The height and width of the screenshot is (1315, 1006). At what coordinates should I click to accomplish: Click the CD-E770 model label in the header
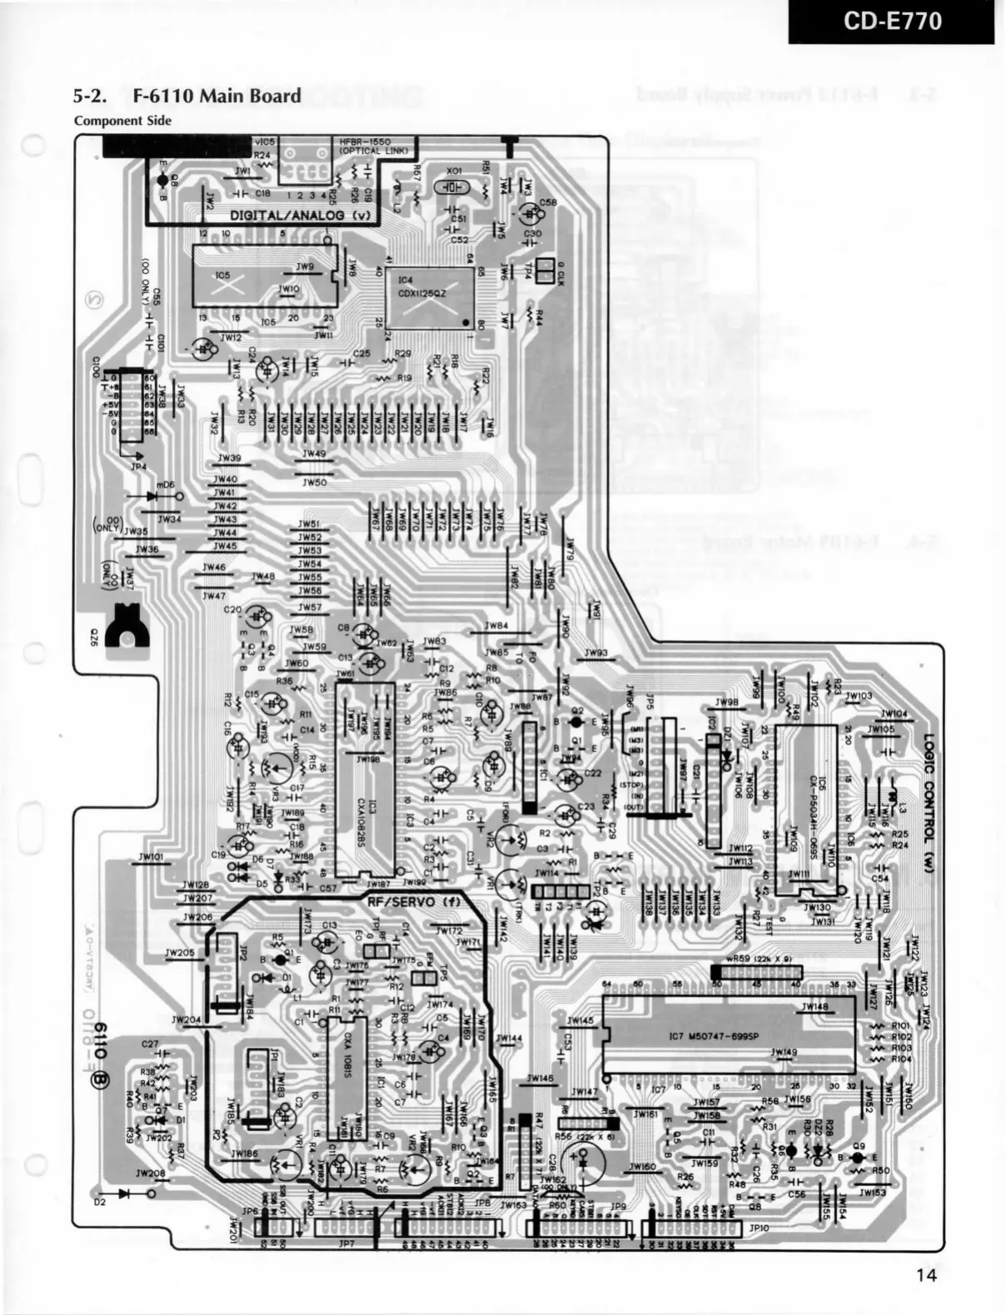[893, 21]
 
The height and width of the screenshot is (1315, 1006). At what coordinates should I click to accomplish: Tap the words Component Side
[122, 121]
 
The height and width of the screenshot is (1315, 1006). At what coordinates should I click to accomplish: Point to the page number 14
[927, 1274]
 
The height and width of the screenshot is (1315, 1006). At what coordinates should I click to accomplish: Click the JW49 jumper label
[314, 454]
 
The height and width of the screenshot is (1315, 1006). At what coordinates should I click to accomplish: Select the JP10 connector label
[759, 1228]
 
